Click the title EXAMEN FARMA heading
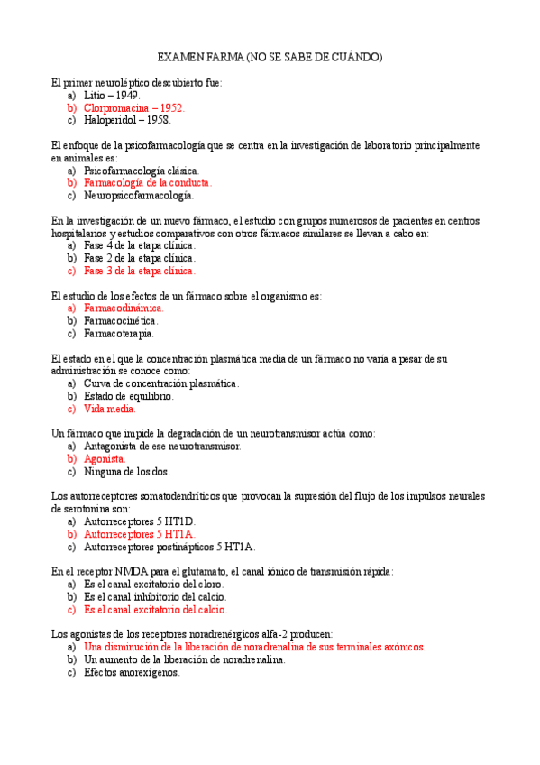click(270, 57)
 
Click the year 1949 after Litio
click(126, 95)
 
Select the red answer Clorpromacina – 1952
click(133, 107)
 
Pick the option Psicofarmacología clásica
click(141, 171)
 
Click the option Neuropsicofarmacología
click(138, 195)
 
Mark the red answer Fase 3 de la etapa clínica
click(139, 270)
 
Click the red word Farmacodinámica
click(124, 308)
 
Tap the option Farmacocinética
click(121, 320)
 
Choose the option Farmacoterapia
click(118, 333)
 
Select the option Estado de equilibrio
click(129, 396)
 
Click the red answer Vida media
click(109, 409)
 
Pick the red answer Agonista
click(105, 458)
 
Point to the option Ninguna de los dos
click(126, 471)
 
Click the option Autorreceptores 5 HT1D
click(139, 521)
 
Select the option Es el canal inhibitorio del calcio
click(154, 596)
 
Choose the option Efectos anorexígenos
click(132, 672)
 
